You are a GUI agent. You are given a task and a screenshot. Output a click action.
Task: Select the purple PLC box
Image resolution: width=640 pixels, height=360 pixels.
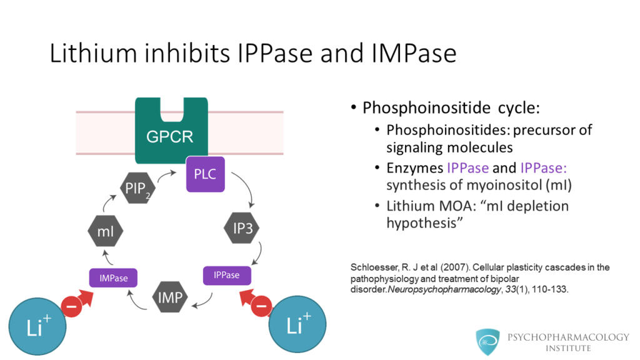point(205,174)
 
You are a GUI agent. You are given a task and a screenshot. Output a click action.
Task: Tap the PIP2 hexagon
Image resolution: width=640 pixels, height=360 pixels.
point(137,188)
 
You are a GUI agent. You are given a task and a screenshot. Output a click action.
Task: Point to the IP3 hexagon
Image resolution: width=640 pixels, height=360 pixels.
point(242,227)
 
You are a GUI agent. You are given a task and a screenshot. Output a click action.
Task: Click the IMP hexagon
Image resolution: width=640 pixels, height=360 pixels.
point(170,297)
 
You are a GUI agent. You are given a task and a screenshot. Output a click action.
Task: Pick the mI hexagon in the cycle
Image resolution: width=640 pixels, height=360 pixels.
point(105,231)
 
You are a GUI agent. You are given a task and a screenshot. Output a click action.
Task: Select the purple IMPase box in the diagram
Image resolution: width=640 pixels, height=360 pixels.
point(113,278)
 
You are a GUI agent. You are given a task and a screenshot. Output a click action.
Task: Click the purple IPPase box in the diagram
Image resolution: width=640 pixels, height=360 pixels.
point(227,275)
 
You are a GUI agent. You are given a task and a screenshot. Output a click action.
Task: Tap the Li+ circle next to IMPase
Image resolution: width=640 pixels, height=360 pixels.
point(37,326)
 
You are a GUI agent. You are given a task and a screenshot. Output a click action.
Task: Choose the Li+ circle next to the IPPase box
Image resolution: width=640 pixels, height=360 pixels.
point(297,324)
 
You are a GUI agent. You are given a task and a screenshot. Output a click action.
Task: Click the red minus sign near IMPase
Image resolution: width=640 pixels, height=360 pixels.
point(71,307)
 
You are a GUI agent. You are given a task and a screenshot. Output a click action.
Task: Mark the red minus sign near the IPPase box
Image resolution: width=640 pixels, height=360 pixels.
point(261,306)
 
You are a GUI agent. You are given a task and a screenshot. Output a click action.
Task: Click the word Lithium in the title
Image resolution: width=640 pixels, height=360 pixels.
point(94,54)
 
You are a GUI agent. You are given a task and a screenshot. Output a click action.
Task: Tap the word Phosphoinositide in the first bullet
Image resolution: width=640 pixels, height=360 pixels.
point(426,108)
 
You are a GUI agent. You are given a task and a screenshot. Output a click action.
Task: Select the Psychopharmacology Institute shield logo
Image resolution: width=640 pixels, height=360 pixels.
point(487,341)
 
